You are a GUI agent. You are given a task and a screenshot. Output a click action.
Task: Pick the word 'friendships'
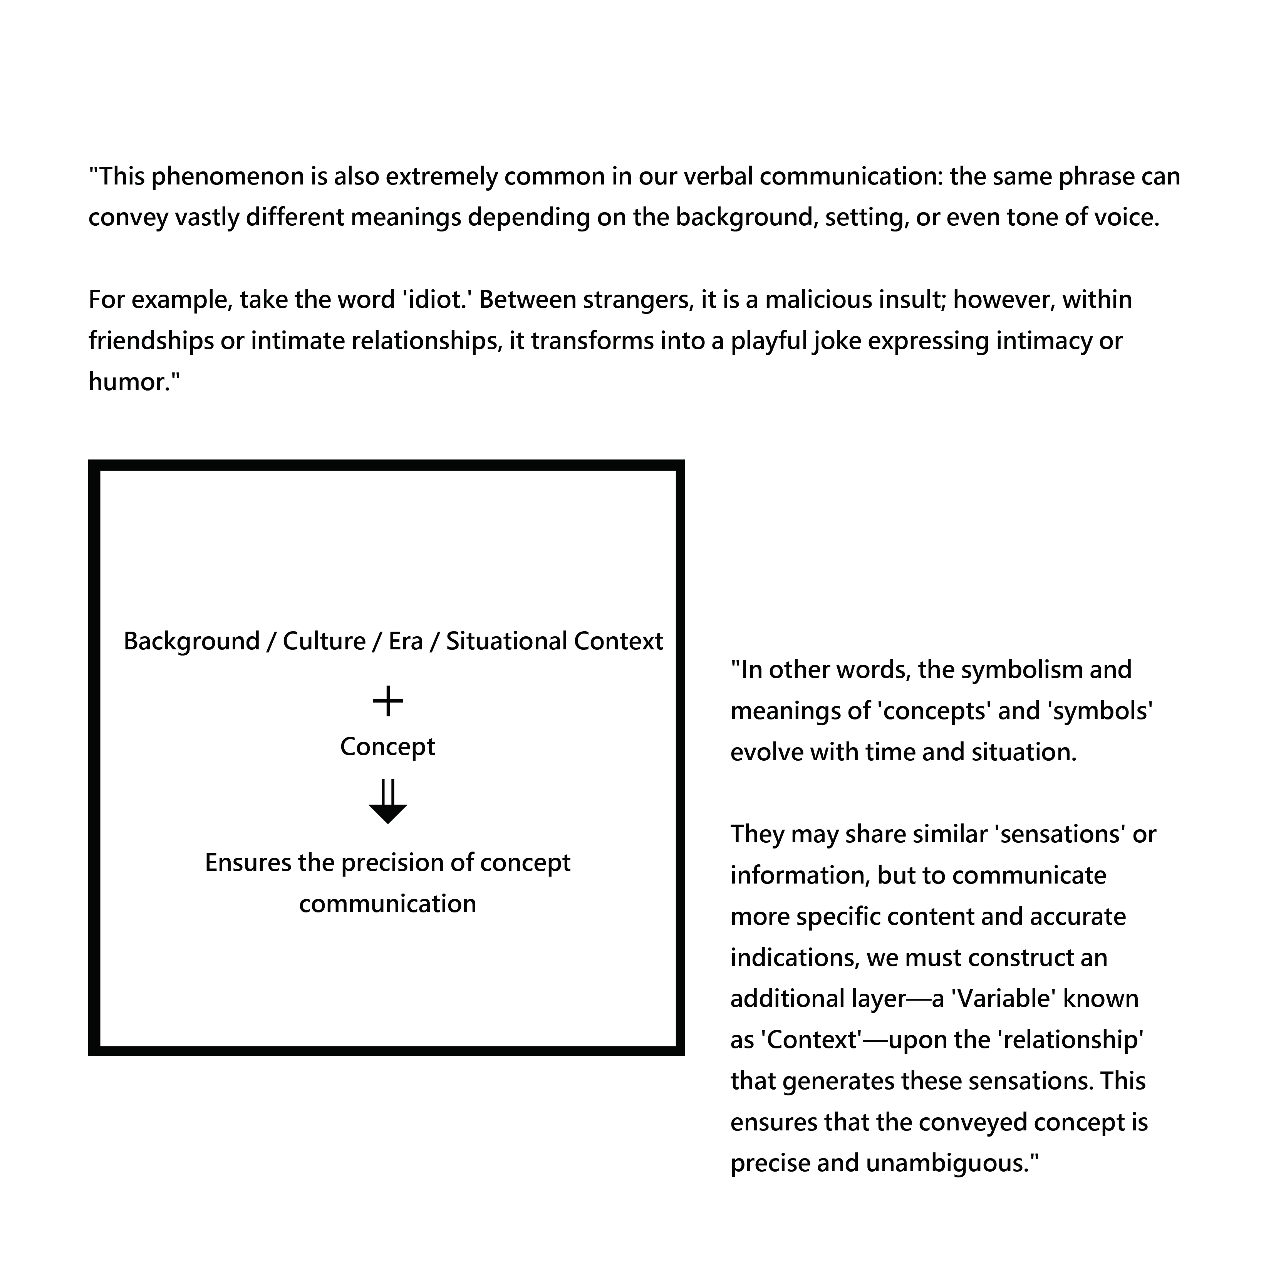pyautogui.click(x=151, y=341)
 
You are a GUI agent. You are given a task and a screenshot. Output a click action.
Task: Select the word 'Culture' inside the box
pyautogui.click(x=324, y=641)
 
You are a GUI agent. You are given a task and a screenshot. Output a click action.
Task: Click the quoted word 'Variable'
pyautogui.click(x=1004, y=999)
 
